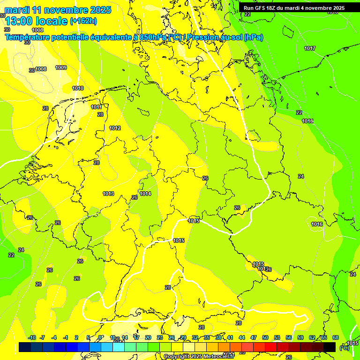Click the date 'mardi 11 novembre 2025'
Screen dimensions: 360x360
pos(58,10)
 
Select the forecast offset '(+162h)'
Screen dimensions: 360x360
pos(83,21)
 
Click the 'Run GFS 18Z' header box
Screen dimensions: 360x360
pos(294,8)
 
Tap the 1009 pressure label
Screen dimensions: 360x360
pos(61,67)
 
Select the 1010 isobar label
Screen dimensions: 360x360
pos(78,88)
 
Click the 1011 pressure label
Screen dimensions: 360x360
pos(97,107)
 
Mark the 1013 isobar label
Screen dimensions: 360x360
pos(108,194)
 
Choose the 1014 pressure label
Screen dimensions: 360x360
pos(145,194)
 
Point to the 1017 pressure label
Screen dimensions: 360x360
pos(309,48)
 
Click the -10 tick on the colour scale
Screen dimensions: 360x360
pos(32,337)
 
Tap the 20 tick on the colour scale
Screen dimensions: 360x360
pos(148,337)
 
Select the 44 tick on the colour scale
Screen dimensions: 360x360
pos(242,337)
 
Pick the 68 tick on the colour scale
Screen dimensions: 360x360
pos(336,337)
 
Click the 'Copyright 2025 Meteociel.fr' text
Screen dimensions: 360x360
pos(199,356)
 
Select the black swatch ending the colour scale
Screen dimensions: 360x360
pos(330,347)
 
